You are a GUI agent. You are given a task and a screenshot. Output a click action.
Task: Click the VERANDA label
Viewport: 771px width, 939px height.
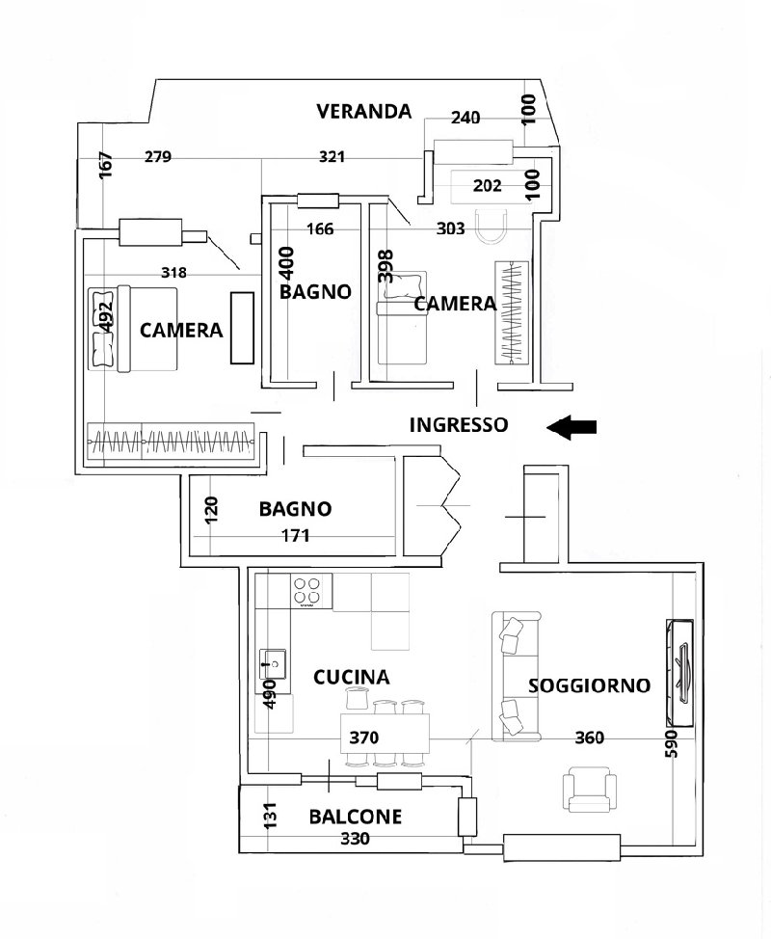pos(364,112)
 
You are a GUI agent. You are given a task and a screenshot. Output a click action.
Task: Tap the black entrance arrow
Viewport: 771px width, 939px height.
pos(572,427)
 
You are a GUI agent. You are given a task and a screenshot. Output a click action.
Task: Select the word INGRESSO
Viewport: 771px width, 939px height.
pos(459,424)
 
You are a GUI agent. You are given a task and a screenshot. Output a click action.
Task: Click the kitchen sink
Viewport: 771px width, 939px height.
pos(273,663)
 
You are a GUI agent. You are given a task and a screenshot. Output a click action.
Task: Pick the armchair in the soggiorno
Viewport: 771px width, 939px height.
pos(590,790)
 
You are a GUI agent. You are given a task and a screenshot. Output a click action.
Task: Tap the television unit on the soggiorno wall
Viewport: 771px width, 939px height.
pos(680,673)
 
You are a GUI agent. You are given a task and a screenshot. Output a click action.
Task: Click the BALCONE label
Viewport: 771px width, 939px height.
pos(355,817)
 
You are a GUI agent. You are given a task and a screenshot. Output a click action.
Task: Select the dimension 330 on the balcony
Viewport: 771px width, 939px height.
pos(355,839)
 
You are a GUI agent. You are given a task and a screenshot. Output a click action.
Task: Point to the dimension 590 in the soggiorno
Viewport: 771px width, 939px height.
pos(672,743)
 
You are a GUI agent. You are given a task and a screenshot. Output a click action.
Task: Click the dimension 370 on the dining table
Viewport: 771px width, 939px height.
pos(364,738)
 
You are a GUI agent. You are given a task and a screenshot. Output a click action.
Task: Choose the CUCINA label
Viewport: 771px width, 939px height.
pos(352,678)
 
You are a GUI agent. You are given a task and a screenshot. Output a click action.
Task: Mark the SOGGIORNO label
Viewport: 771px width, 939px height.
pos(589,685)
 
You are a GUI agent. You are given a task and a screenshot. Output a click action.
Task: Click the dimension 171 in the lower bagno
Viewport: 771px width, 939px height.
pos(296,535)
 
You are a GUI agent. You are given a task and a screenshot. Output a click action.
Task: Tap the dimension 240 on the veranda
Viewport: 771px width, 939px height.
pos(465,118)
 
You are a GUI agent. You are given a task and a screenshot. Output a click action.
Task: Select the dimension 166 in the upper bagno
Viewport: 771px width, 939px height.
pos(320,228)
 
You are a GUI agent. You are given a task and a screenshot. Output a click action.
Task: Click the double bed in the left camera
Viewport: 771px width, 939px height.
pos(133,329)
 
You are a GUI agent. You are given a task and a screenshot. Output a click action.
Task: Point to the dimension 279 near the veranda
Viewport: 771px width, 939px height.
pos(158,157)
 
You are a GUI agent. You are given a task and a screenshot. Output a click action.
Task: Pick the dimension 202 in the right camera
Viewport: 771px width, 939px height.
pos(488,186)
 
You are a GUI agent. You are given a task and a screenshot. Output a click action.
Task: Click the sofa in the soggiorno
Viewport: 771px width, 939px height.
pos(516,676)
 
